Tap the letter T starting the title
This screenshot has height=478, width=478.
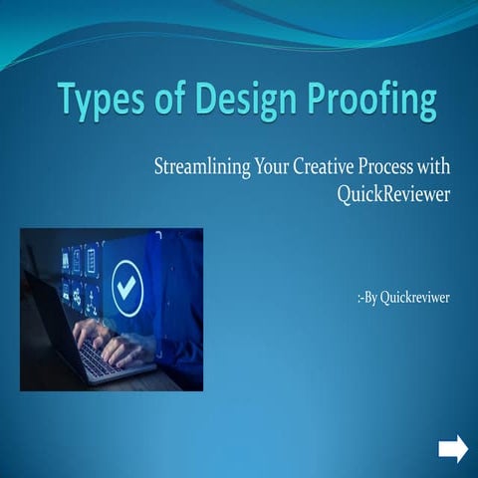pos(67,101)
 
